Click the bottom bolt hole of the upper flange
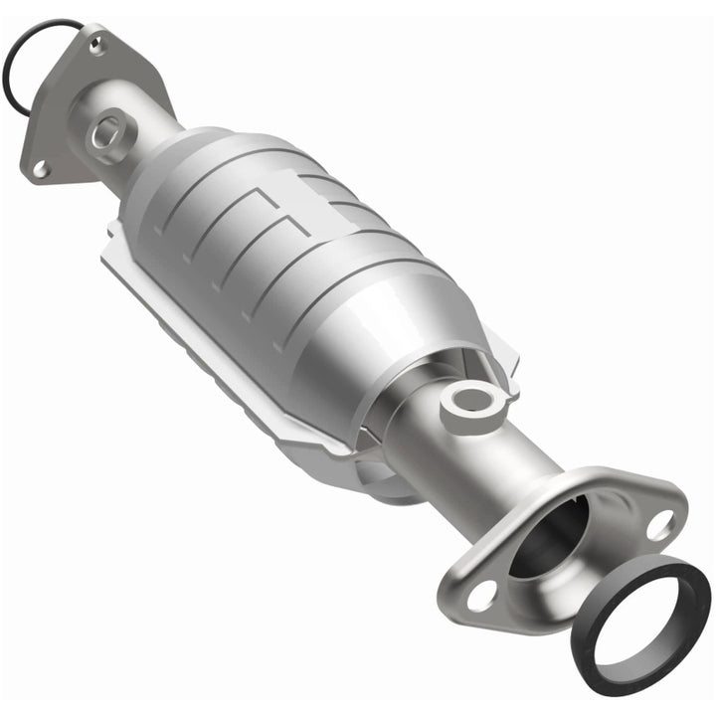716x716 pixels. coord(41,169)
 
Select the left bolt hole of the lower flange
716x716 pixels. coord(479,596)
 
